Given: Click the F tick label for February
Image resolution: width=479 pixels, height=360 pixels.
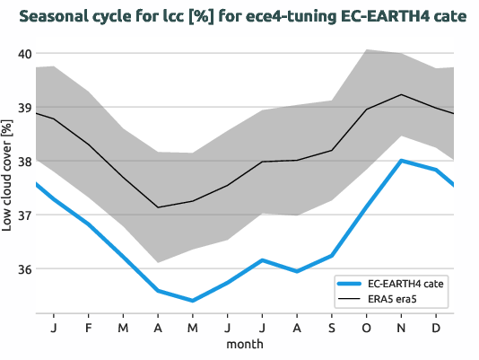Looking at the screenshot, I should point(88,328).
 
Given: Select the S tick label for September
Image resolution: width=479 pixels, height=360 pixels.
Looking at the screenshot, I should point(331,328).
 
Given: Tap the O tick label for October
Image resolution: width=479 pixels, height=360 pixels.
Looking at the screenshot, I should point(366,328).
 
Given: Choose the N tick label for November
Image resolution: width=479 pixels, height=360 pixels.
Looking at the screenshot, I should point(401,328).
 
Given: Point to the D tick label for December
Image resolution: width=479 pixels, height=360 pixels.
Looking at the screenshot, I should point(436,328).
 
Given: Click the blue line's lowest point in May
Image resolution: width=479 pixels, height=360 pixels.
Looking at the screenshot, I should point(192,301).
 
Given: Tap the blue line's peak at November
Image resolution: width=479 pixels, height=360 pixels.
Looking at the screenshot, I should point(401,161).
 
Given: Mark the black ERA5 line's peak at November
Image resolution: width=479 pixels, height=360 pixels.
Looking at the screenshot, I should point(401,94).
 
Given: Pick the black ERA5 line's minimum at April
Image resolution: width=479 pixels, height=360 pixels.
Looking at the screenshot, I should point(158,207).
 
